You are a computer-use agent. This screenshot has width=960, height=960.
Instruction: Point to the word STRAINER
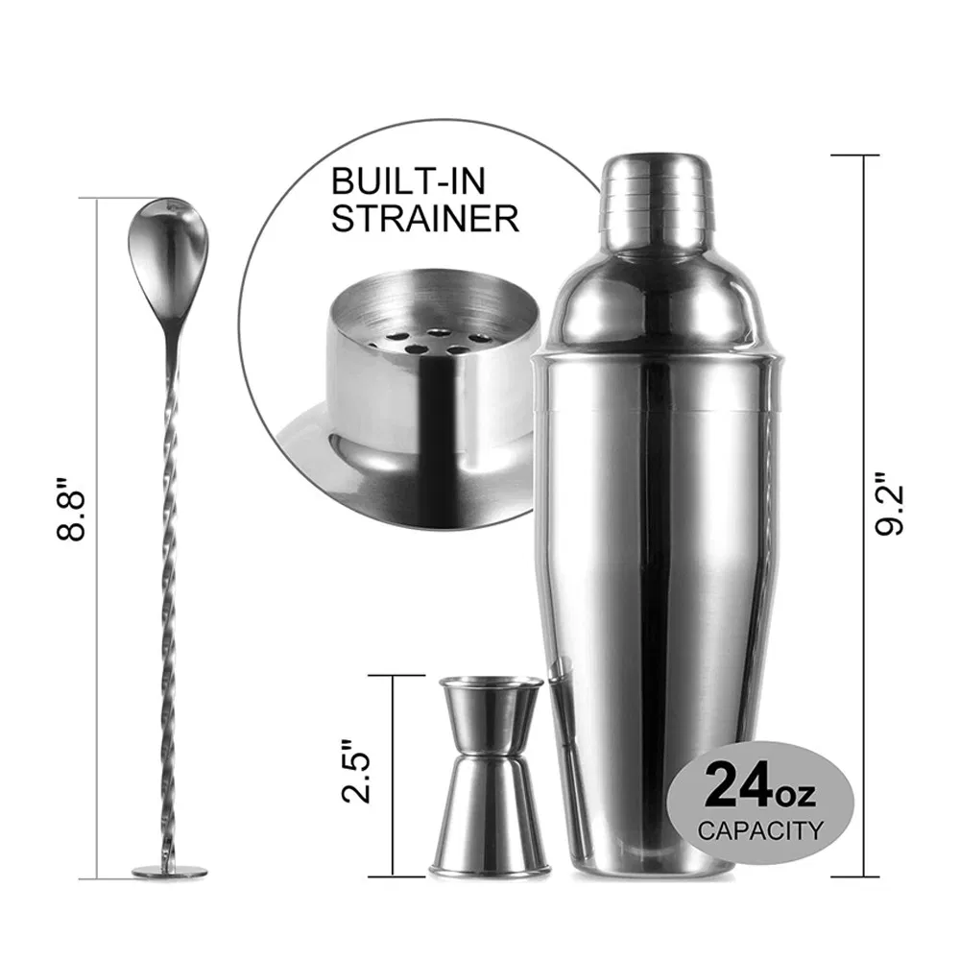point(425,218)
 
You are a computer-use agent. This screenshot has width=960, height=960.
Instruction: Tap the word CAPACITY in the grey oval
point(760,829)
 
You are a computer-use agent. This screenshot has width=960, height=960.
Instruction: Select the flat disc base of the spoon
point(169,871)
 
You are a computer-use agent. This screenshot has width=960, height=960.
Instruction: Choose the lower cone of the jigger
point(490,816)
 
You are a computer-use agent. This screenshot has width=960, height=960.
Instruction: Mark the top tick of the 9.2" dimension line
point(854,156)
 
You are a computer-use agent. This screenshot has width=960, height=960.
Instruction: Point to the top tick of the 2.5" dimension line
point(394,676)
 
